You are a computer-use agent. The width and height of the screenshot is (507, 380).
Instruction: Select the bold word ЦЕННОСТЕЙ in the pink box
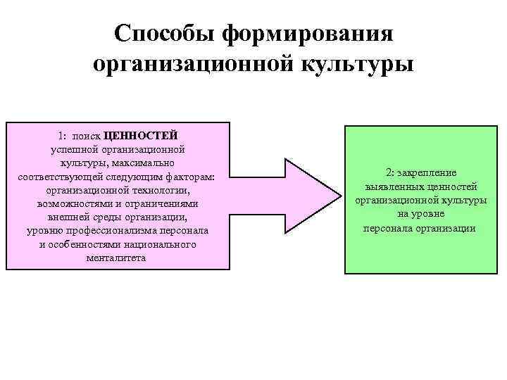coord(140,135)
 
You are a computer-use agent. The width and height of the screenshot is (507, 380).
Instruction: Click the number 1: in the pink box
coord(64,135)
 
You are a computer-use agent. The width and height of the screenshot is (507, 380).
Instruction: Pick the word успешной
coord(75,148)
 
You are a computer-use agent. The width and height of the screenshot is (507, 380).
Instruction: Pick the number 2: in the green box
coord(390,173)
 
